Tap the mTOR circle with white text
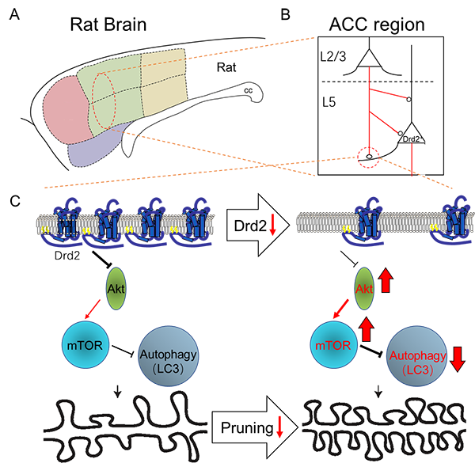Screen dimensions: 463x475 coord(82,345)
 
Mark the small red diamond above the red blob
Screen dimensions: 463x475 coord(368,74)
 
